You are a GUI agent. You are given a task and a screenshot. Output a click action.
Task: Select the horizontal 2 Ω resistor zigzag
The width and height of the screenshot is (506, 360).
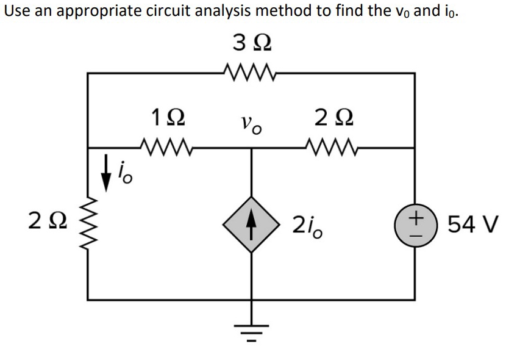pyautogui.click(x=333, y=147)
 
